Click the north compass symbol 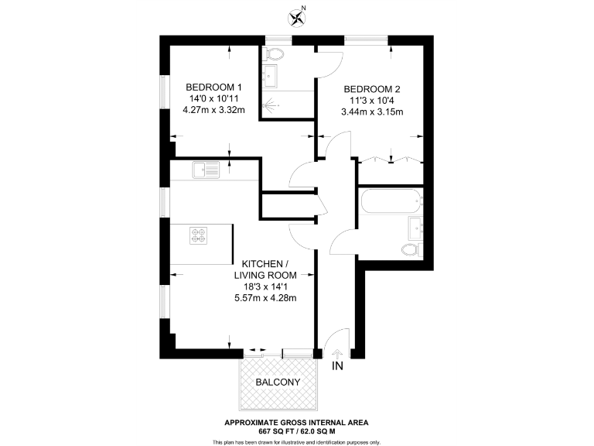click(296, 15)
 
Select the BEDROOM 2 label click(372, 88)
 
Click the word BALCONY click(278, 383)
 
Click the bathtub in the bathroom click(391, 204)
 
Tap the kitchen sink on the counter click(207, 168)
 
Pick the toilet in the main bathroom click(411, 249)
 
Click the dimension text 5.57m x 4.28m click(265, 298)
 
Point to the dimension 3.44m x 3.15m click(372, 111)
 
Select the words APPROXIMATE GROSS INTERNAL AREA click(296, 422)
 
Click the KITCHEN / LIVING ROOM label click(265, 269)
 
